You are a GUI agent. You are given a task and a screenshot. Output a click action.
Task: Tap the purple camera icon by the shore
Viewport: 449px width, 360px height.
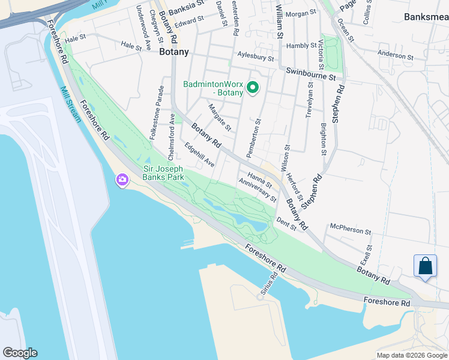click(x=122, y=179)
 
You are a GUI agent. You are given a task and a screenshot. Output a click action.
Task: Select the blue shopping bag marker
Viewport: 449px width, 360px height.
click(x=425, y=266)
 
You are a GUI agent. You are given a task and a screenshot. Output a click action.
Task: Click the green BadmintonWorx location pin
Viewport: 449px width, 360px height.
click(x=253, y=89)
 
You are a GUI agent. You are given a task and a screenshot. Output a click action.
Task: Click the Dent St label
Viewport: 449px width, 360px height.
click(x=286, y=224)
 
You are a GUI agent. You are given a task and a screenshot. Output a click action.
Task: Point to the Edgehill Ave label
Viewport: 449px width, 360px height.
click(x=199, y=154)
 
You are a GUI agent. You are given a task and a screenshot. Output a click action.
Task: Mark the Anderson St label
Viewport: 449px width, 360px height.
click(x=396, y=55)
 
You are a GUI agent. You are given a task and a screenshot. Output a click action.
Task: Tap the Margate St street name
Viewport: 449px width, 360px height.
click(x=220, y=117)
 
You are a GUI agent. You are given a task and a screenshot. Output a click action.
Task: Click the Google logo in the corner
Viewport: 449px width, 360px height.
click(x=20, y=353)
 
